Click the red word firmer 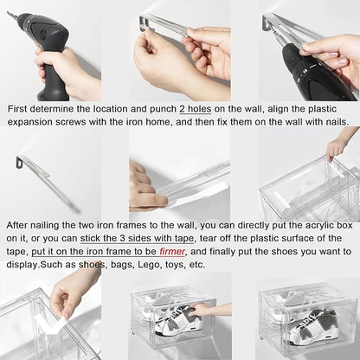point(172,252)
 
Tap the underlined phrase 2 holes point(196,109)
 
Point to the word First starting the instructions point(17,109)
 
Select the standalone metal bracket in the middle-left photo point(48,183)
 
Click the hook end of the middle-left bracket point(21,162)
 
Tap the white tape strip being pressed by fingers point(196,194)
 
